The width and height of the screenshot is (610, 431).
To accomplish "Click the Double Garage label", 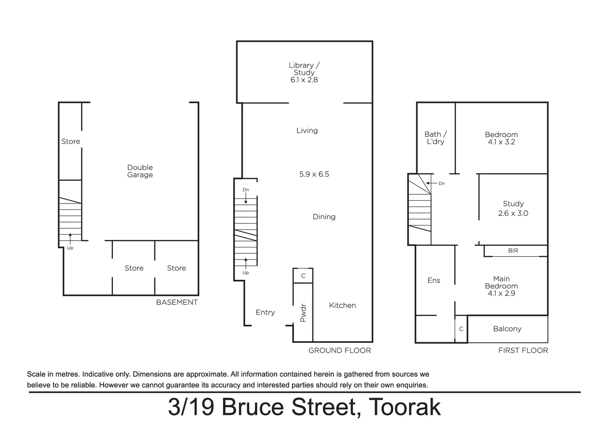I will (140, 171).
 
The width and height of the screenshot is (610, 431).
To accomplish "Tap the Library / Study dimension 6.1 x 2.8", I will (304, 80).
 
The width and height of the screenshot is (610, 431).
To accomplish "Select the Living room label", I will (307, 130).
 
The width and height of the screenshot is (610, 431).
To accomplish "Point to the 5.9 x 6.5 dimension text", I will (314, 174).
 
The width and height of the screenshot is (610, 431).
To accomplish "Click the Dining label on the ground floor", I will (324, 217).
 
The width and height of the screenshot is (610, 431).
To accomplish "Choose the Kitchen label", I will (342, 305).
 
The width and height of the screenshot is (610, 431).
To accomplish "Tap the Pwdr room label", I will (303, 313).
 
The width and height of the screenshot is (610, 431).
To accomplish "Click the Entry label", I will (265, 312).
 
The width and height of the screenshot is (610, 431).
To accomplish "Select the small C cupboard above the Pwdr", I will (303, 276).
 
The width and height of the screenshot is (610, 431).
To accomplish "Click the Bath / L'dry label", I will (435, 138).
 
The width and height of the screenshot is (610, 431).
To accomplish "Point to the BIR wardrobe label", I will (513, 251).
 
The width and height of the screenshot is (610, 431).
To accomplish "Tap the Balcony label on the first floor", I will (507, 329).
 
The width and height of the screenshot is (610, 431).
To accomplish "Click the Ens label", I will (434, 281).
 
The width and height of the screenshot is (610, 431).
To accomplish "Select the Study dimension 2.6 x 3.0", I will (513, 214).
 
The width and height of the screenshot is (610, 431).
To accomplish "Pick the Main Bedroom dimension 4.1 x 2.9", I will (501, 293).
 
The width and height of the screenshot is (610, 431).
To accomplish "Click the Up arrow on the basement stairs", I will (70, 238).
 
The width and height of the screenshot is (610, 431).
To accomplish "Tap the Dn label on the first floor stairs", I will (441, 184).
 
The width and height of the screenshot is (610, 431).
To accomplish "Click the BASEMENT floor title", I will (177, 302).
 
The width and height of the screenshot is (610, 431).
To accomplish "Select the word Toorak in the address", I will (405, 407).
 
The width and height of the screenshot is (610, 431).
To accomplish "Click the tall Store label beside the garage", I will (71, 142).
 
